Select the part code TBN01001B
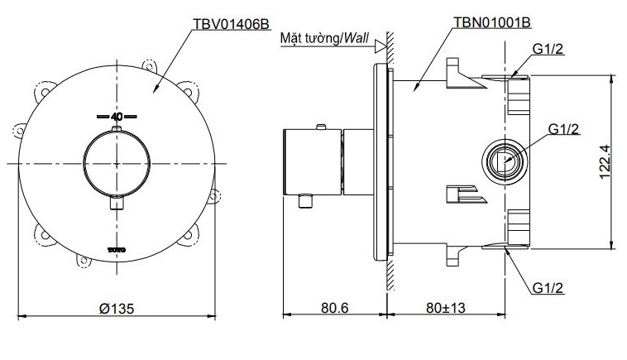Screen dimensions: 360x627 (x=491, y=23)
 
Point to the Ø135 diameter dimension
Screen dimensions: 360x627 (x=116, y=307)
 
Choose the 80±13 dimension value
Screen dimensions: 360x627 (x=447, y=307)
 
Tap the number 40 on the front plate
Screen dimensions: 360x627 (x=116, y=117)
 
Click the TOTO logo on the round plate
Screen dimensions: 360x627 (x=116, y=249)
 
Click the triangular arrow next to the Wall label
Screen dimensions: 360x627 (x=381, y=47)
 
